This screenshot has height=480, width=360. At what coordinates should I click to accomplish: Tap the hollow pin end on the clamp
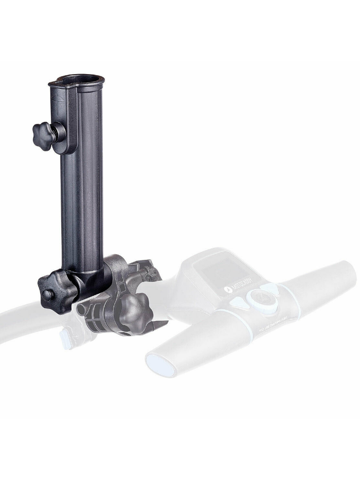(x=82, y=308)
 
